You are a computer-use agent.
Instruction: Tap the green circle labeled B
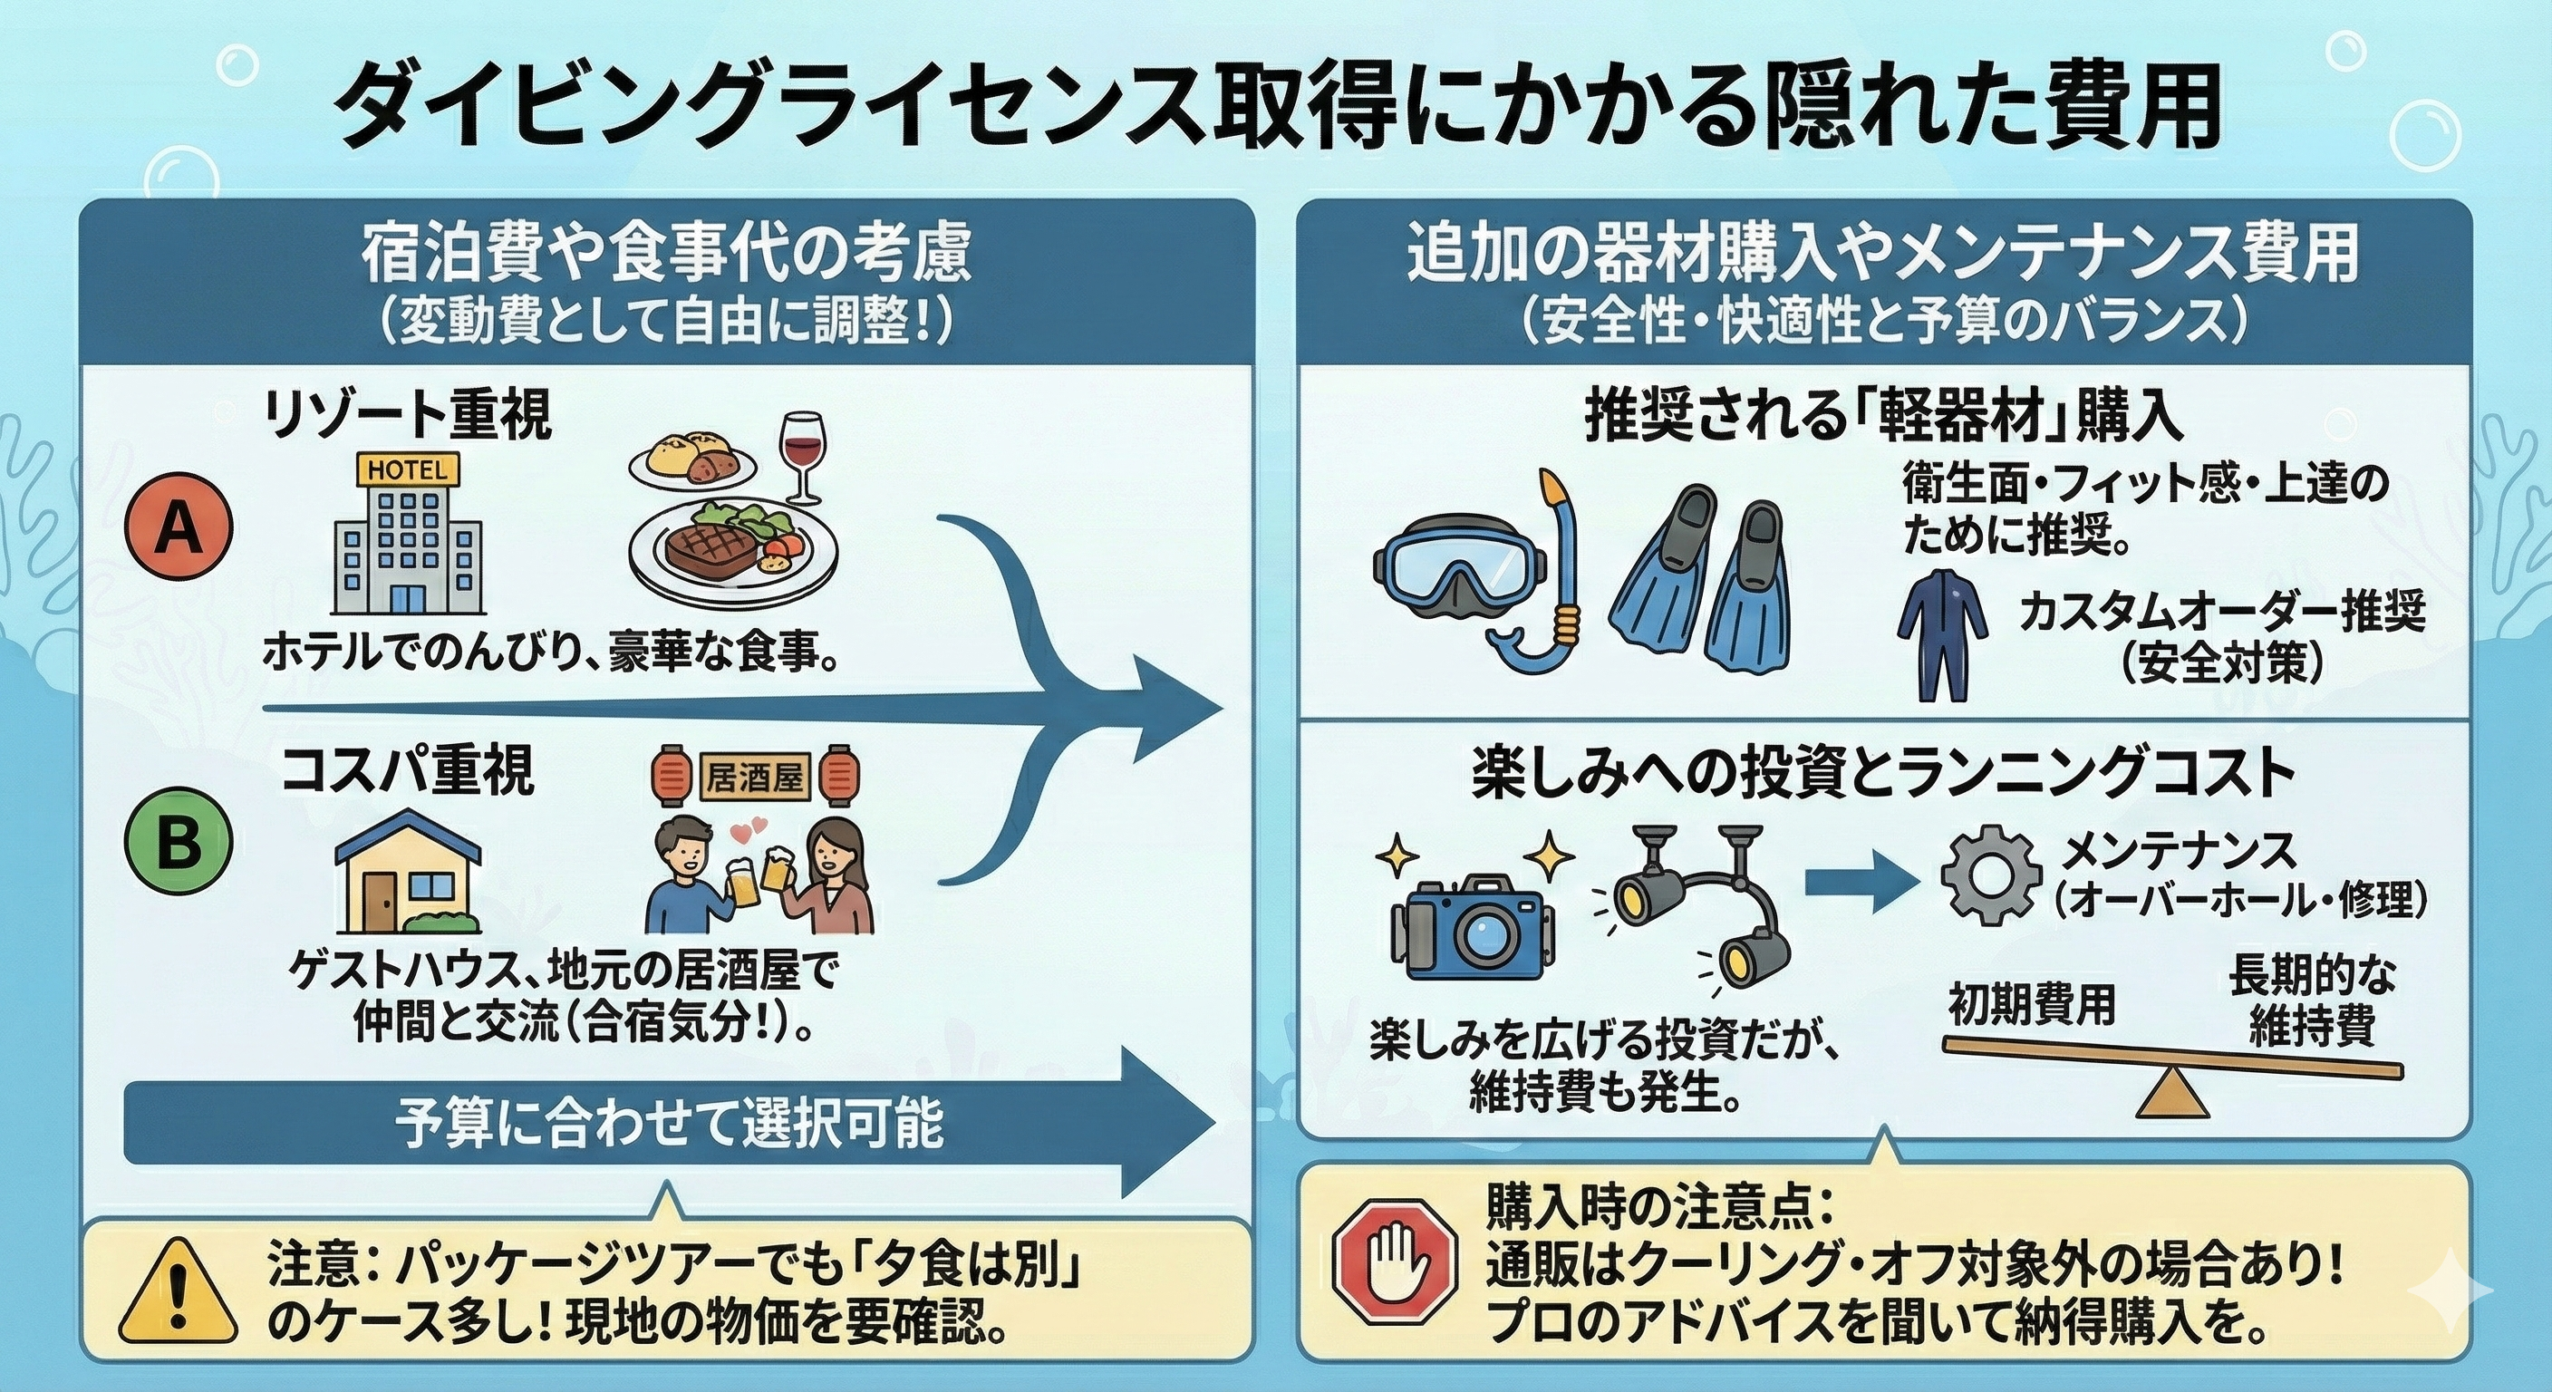click(179, 844)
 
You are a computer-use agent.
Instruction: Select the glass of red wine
click(801, 456)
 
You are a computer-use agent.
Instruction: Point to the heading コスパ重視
click(408, 771)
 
